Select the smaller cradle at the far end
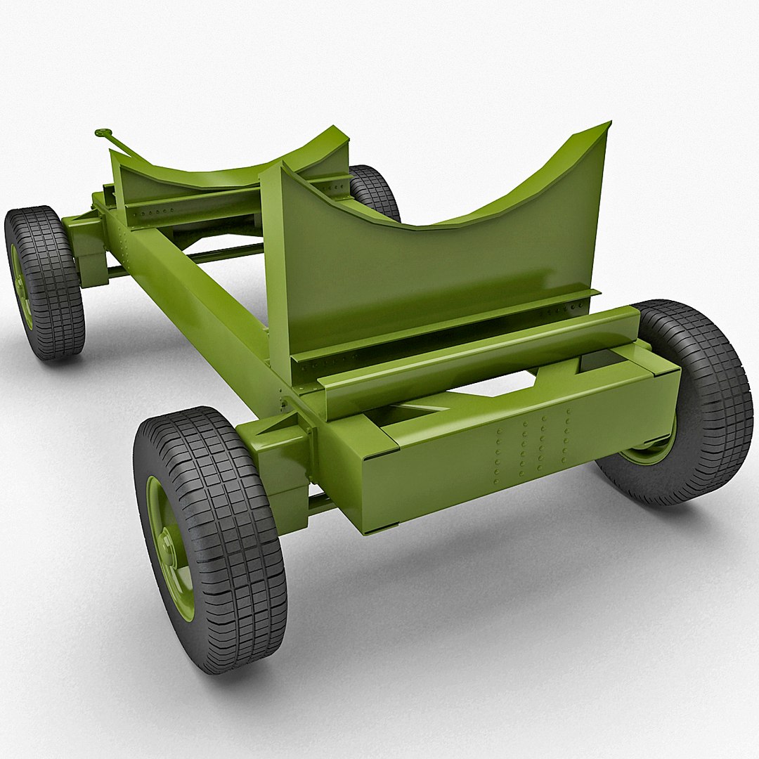232,172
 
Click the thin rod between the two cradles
225,253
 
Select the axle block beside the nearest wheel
281,457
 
